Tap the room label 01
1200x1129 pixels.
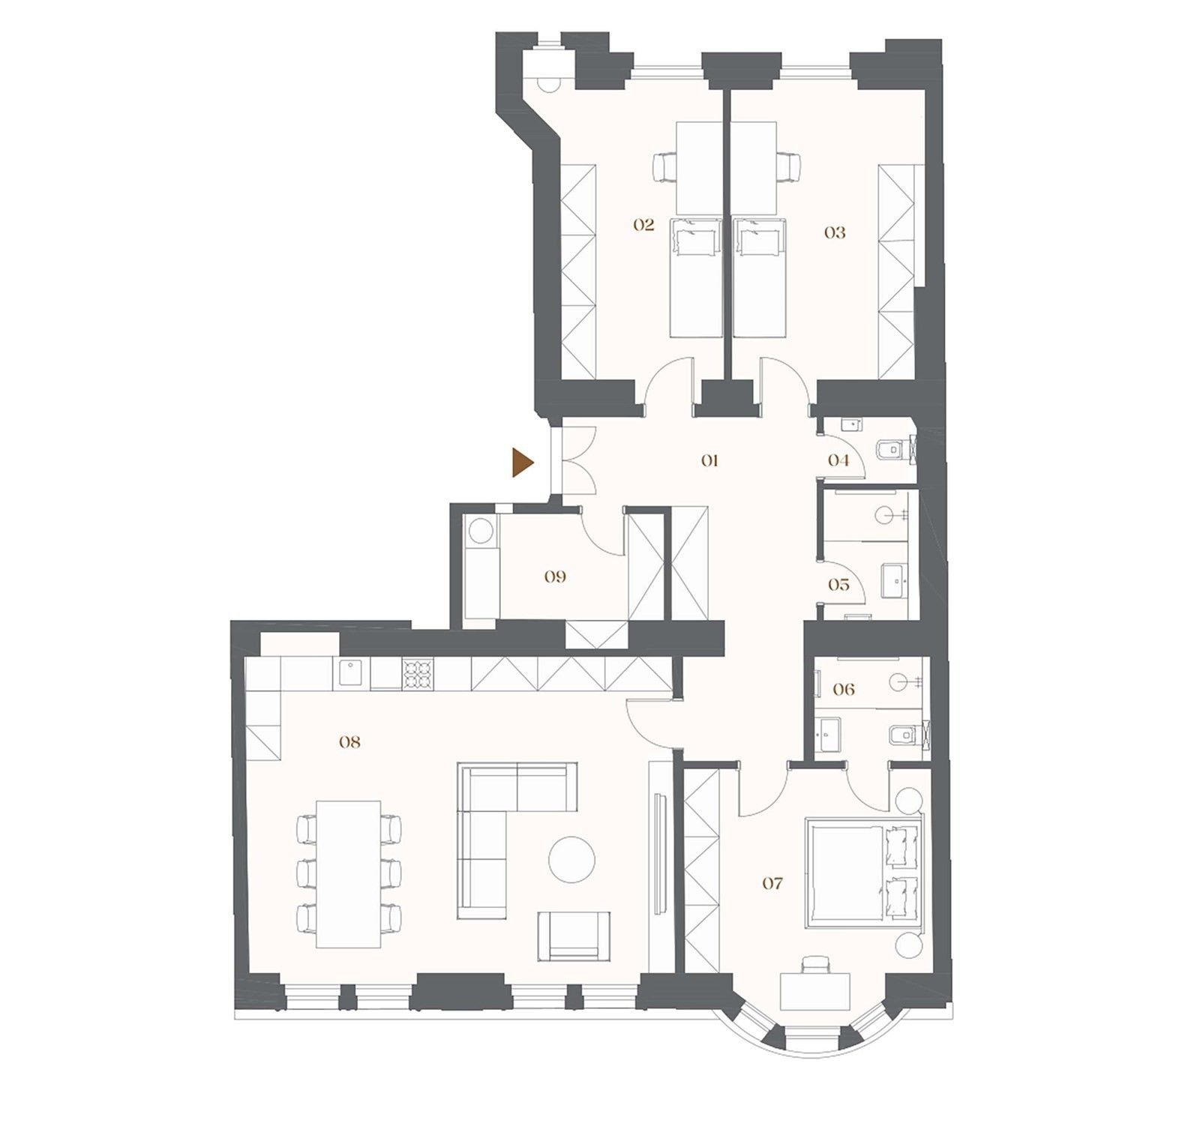pyautogui.click(x=709, y=460)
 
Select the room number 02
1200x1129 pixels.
pyautogui.click(x=643, y=225)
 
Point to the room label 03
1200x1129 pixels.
pyautogui.click(x=835, y=232)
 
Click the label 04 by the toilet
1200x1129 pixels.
pyautogui.click(x=838, y=460)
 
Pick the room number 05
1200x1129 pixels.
pyautogui.click(x=838, y=584)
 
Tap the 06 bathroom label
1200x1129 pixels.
pyautogui.click(x=844, y=689)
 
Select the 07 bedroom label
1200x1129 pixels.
pyautogui.click(x=772, y=884)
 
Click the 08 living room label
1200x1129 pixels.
pyautogui.click(x=349, y=742)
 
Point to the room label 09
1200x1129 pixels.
pyautogui.click(x=556, y=576)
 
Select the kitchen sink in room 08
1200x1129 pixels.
pyautogui.click(x=351, y=672)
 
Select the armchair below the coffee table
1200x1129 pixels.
pyautogui.click(x=574, y=936)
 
